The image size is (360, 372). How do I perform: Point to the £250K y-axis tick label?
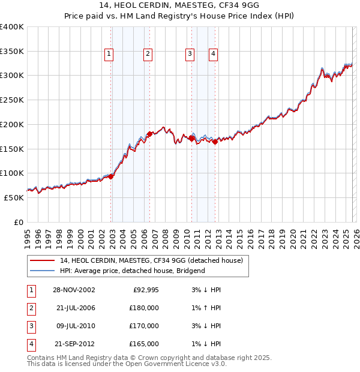pyautogui.click(x=11, y=100)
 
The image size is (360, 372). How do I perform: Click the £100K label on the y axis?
pyautogui.click(x=11, y=173)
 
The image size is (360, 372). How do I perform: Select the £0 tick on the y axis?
pyautogui.click(x=18, y=223)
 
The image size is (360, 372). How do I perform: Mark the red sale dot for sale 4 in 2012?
pyautogui.click(x=215, y=142)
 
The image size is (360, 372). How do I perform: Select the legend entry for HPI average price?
pyautogui.click(x=132, y=271)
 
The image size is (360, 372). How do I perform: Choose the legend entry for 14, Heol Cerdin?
pyautogui.click(x=151, y=260)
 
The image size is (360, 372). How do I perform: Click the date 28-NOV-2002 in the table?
pyautogui.click(x=74, y=290)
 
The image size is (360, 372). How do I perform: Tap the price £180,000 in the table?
pyautogui.click(x=143, y=308)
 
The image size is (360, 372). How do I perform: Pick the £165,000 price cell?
pyautogui.click(x=143, y=344)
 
